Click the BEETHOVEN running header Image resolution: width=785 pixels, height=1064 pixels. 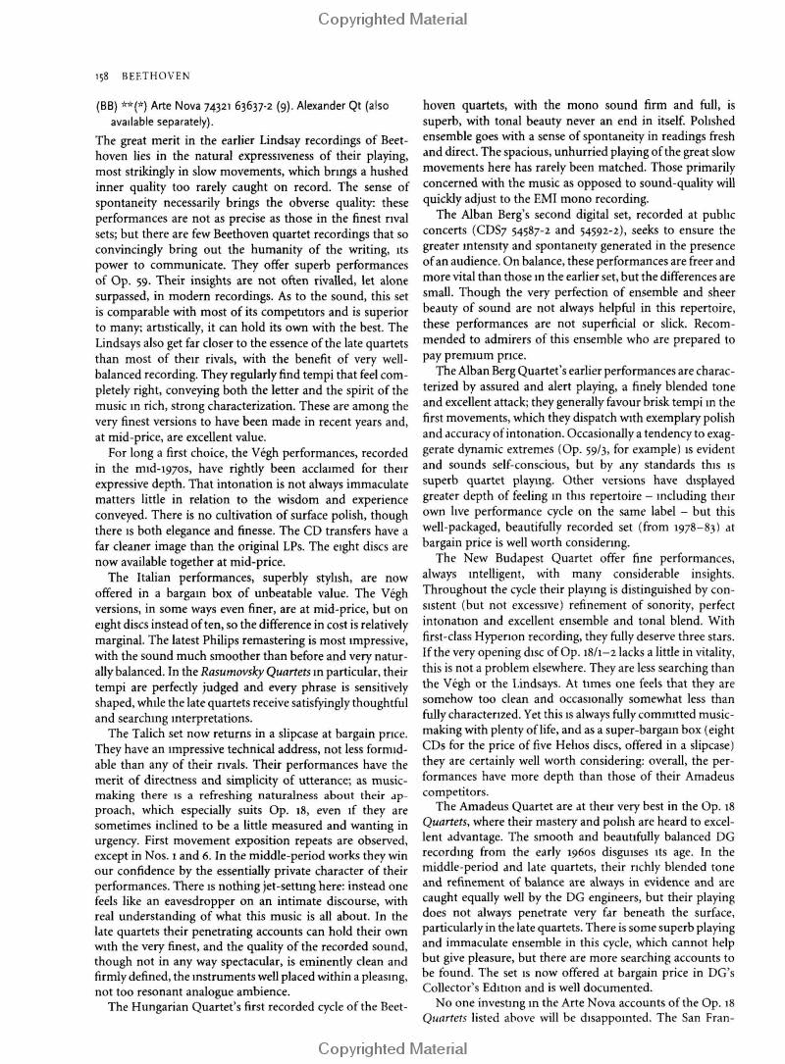point(155,76)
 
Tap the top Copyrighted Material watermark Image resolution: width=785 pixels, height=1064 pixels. point(392,19)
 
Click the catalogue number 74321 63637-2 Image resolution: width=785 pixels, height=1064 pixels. point(235,106)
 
